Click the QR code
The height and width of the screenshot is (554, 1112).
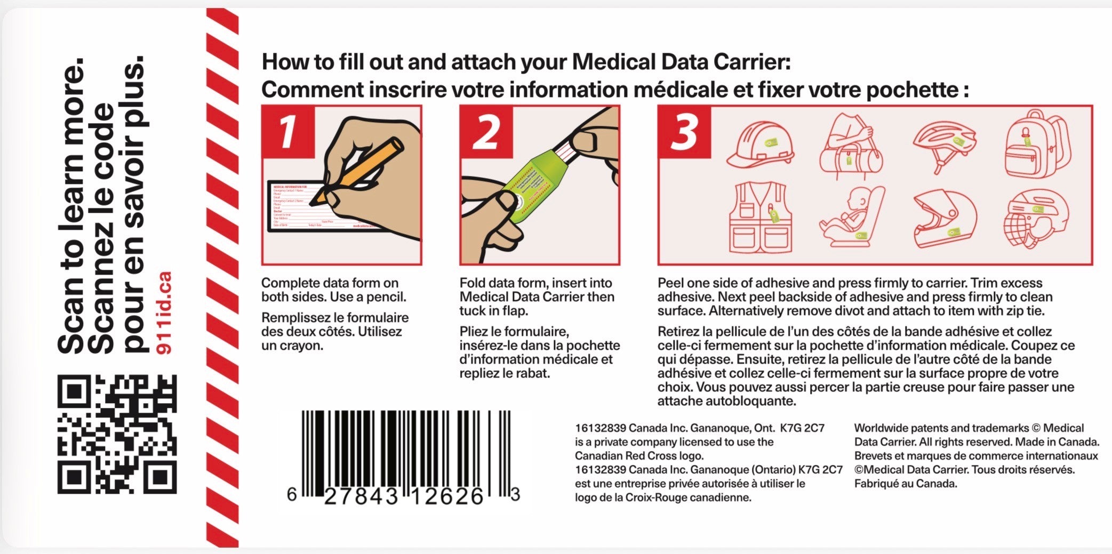pyautogui.click(x=117, y=434)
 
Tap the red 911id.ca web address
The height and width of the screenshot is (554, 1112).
pyautogui.click(x=165, y=312)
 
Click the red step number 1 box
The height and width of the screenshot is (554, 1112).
pyautogui.click(x=288, y=132)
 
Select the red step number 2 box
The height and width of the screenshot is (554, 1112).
pyautogui.click(x=486, y=132)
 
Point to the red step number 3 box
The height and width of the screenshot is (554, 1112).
pyautogui.click(x=684, y=132)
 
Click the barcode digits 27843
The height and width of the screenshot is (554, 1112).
pyautogui.click(x=361, y=497)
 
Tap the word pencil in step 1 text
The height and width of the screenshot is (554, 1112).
pyautogui.click(x=385, y=297)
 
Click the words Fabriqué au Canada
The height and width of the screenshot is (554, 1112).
pyautogui.click(x=906, y=484)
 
